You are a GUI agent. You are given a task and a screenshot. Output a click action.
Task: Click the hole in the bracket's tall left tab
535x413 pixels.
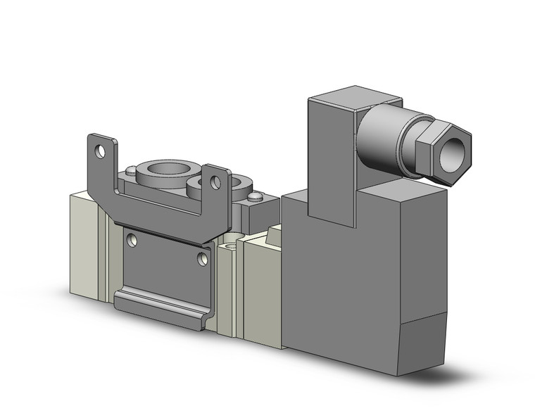[x=101, y=151]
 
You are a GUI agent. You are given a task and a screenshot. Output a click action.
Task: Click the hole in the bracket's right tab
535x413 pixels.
[x=215, y=183]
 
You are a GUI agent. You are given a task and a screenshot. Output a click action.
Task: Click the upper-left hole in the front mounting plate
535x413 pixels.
[x=131, y=241]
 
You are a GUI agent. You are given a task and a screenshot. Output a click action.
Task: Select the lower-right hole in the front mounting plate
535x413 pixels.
[x=203, y=259]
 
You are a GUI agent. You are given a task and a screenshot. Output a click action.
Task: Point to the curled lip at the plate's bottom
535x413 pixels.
[x=159, y=306]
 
